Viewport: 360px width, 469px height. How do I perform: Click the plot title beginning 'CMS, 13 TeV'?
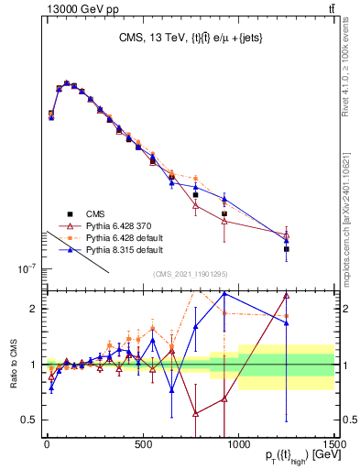(x=189, y=39)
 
